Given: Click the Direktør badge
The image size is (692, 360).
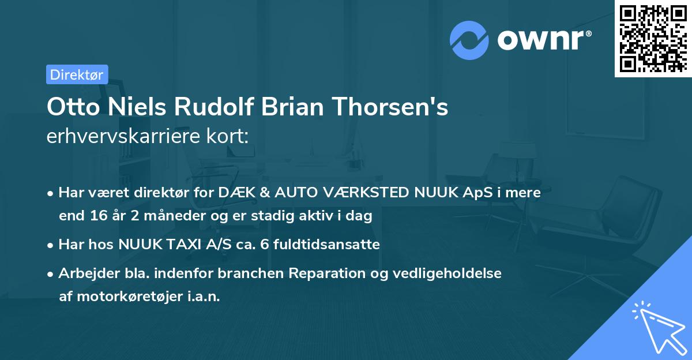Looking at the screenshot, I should pos(77,74).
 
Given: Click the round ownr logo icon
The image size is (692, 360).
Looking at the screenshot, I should pos(469,40).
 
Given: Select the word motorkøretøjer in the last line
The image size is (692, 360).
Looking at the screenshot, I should pos(133,297).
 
